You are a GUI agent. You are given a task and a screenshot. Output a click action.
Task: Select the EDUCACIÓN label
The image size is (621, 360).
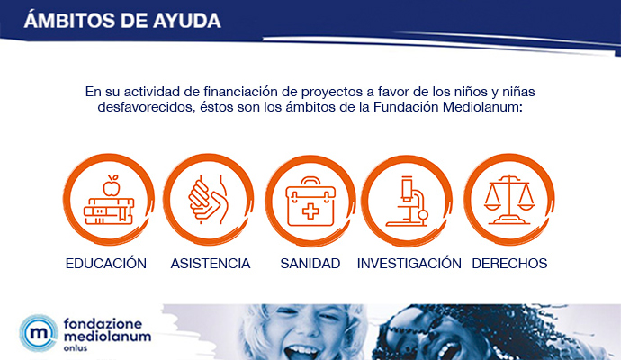coord(105,264)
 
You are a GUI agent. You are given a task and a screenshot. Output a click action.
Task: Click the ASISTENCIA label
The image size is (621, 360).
coord(210,264)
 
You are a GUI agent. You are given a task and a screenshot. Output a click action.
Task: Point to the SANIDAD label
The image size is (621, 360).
coord(310,264)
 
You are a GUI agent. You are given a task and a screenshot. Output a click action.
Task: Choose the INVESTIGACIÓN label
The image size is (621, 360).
coord(409,264)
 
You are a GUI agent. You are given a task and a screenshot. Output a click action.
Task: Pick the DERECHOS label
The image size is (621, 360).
coord(509,264)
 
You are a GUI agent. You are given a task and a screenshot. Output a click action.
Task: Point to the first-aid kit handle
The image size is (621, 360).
coord(310,185)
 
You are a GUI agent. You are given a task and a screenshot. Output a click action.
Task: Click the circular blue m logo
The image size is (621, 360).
coord(38,331)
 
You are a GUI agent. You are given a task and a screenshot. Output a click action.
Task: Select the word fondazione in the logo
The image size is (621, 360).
coord(101,320)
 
